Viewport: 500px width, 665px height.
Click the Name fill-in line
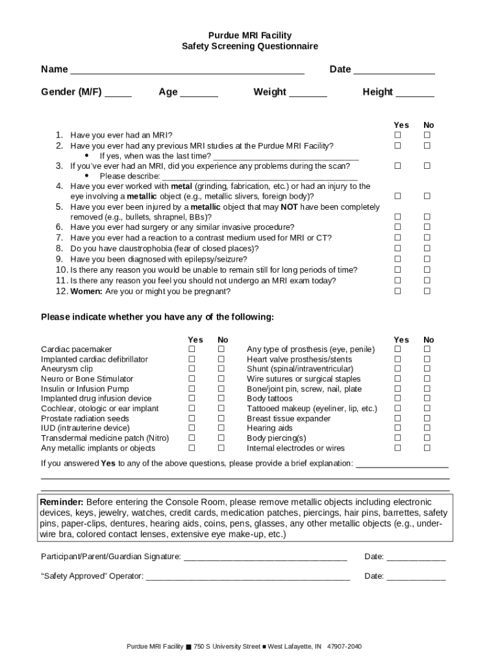click(187, 70)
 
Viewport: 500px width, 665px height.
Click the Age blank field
click(199, 93)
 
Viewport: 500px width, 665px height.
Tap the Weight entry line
click(308, 93)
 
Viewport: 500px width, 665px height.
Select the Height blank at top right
click(415, 93)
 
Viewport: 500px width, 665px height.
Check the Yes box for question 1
click(398, 135)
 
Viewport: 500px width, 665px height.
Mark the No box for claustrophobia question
click(427, 248)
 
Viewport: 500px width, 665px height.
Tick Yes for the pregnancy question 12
click(398, 291)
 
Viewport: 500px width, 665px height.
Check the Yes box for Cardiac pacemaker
click(192, 349)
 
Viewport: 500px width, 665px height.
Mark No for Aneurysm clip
click(221, 369)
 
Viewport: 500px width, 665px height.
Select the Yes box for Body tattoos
click(398, 399)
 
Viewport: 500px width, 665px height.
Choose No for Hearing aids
click(427, 428)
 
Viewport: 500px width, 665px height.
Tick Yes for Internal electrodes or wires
click(398, 448)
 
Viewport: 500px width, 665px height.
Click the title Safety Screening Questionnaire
click(250, 47)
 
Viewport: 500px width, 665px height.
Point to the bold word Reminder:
click(62, 503)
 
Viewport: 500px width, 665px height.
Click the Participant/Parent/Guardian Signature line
click(266, 557)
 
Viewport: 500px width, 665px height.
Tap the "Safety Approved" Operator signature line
click(248, 577)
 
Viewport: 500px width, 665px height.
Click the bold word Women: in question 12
click(86, 292)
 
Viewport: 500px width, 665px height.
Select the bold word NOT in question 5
click(289, 207)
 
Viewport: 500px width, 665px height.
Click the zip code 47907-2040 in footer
click(344, 647)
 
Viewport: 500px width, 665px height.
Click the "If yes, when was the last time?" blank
click(286, 157)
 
